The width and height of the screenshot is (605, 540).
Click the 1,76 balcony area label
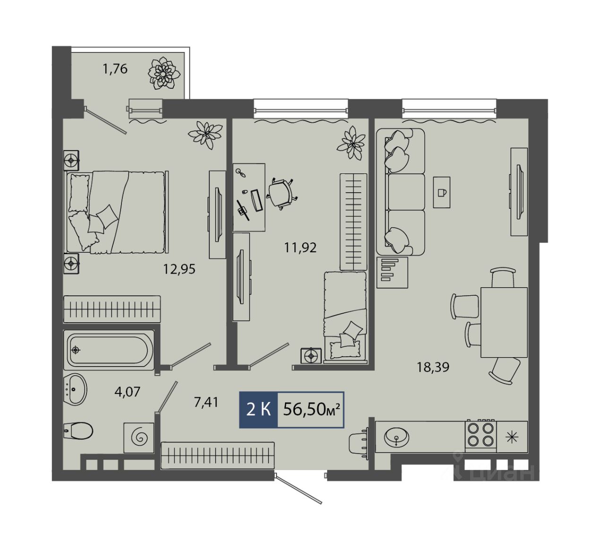(115, 69)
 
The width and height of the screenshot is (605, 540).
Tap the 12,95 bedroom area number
(179, 269)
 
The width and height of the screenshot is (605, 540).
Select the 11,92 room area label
(300, 248)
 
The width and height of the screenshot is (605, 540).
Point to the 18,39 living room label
(433, 367)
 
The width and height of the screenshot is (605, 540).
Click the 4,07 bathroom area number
(127, 392)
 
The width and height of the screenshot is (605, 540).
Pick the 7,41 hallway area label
(206, 403)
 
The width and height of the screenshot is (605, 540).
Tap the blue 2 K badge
(259, 410)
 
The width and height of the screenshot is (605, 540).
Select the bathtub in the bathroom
(109, 350)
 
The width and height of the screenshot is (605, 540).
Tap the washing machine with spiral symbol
(139, 437)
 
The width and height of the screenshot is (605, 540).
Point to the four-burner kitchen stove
(480, 437)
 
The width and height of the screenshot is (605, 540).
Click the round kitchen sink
(397, 437)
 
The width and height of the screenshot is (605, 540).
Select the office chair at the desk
(281, 193)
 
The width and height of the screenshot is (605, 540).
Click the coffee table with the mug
(441, 192)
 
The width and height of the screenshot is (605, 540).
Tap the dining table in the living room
(504, 322)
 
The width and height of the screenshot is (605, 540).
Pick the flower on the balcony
(164, 73)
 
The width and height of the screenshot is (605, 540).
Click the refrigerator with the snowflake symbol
(512, 437)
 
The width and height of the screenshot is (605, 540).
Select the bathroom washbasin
(75, 389)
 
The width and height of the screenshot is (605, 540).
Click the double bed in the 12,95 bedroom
(116, 212)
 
